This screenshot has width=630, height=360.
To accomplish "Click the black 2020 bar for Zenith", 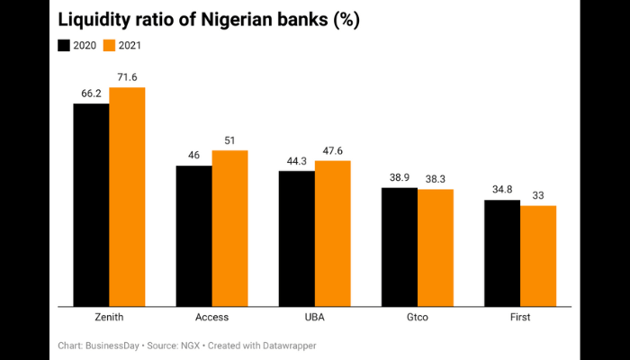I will [91, 205].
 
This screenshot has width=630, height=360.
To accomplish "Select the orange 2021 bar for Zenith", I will [127, 197].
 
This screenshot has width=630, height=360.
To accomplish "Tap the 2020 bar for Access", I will [193, 236].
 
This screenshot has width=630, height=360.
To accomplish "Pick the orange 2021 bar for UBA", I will [332, 234].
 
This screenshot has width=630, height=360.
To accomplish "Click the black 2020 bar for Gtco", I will [399, 247].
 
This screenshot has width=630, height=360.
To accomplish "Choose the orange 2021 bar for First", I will [538, 256].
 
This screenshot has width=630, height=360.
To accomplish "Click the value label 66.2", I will [91, 94].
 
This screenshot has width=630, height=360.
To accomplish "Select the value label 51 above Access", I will [229, 141].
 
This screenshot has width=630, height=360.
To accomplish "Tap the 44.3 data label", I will [296, 161].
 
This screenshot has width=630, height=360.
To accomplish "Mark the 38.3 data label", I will [436, 179].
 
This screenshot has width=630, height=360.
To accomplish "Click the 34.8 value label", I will [501, 190].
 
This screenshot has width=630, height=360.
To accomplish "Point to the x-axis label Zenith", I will [109, 318].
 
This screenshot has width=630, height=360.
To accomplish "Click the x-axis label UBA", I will [314, 318].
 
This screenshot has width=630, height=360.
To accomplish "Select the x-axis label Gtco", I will [417, 318].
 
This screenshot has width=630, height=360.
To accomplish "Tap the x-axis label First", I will [519, 318].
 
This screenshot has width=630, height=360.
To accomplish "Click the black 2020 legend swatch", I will [64, 45].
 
